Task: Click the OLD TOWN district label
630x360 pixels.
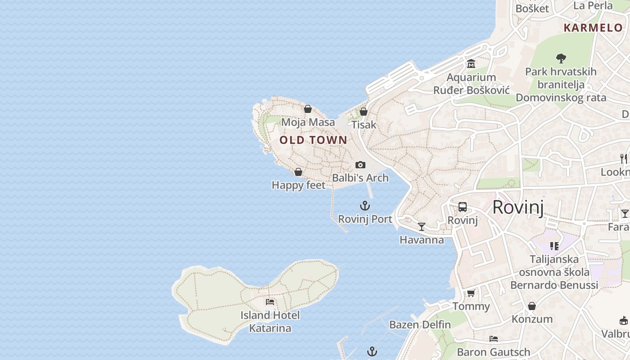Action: click(313, 140)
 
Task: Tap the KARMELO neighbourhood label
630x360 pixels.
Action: click(593, 27)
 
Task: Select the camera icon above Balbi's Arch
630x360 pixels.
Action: click(360, 165)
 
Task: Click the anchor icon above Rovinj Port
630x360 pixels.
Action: click(365, 206)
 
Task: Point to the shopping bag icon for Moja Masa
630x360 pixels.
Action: click(308, 109)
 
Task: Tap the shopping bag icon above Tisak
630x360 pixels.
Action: click(364, 112)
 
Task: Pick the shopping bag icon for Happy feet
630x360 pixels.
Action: click(298, 172)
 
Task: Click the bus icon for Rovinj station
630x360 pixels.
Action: click(463, 207)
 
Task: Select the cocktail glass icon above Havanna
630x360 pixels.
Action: click(422, 227)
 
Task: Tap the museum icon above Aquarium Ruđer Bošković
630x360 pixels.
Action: click(471, 64)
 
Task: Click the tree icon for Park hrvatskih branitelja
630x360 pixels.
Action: click(561, 58)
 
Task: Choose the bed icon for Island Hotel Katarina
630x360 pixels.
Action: click(270, 302)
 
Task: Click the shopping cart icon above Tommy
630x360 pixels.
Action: click(471, 293)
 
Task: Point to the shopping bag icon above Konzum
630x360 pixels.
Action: click(532, 306)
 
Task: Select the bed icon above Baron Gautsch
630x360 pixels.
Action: click(494, 339)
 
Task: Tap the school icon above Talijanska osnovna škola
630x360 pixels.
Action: click(554, 246)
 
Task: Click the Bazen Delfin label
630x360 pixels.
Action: click(420, 324)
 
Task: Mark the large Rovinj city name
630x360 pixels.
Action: click(518, 207)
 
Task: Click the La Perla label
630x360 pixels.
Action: click(593, 5)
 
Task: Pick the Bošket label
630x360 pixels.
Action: click(532, 8)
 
